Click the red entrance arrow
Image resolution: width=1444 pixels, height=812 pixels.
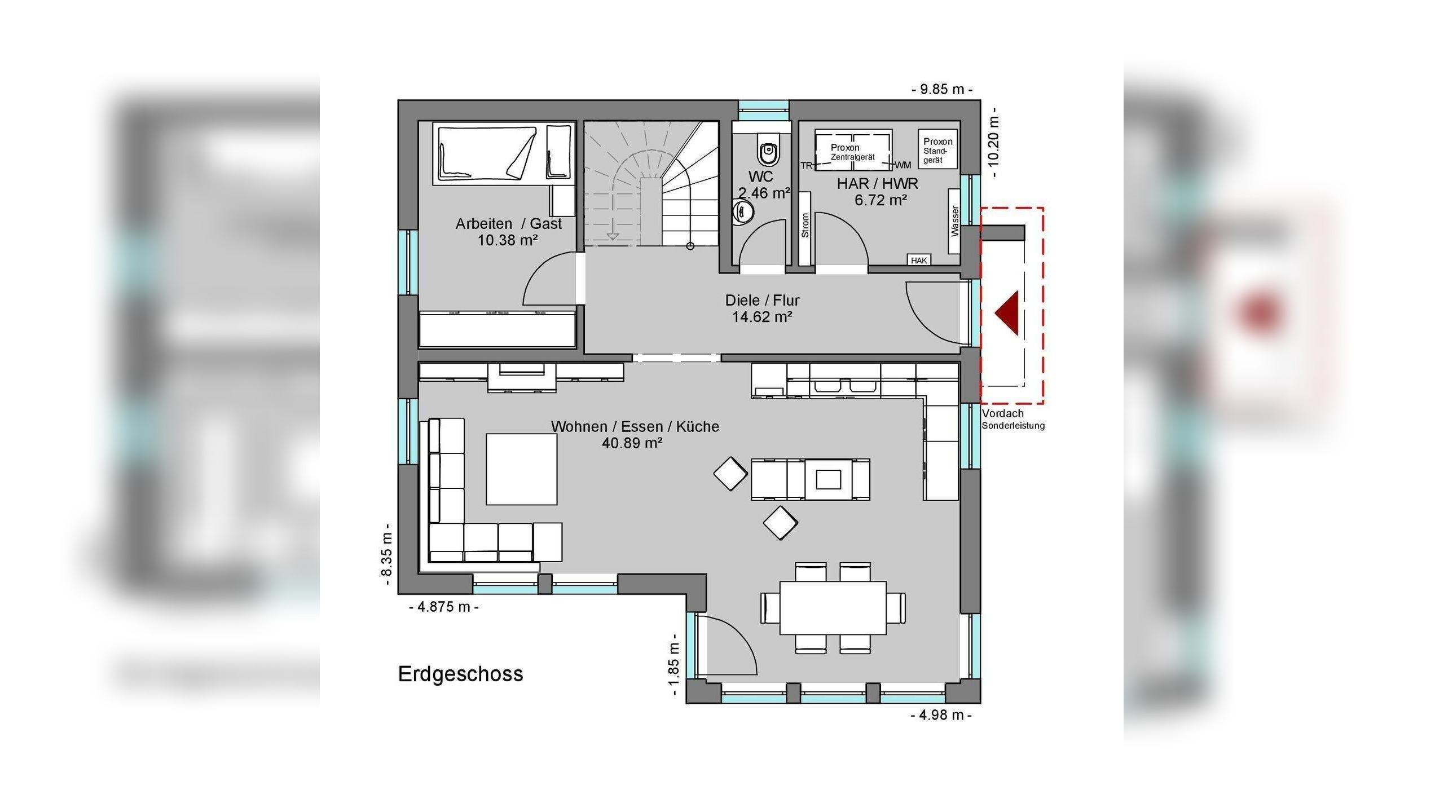(x=1009, y=314)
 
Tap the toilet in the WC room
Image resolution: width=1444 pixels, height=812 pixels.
(x=768, y=148)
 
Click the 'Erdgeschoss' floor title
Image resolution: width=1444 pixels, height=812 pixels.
(x=460, y=674)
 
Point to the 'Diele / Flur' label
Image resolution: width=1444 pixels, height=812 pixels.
(x=762, y=300)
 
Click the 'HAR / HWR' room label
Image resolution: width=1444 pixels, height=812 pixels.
(x=877, y=184)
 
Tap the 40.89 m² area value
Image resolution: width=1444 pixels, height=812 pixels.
(x=632, y=443)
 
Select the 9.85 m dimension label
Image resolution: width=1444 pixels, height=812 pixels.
(x=941, y=89)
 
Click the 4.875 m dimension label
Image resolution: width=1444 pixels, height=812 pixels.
(x=444, y=607)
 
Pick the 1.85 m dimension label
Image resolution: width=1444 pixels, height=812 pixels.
(x=673, y=664)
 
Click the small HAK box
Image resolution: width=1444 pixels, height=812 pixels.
(x=919, y=260)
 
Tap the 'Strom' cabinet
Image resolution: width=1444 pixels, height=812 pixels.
(x=805, y=228)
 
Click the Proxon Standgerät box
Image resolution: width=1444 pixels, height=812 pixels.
(x=937, y=149)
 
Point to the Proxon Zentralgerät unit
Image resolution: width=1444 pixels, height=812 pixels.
(x=853, y=150)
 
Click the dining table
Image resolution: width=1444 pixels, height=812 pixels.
(x=833, y=608)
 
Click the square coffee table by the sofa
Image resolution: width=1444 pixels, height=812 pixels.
(x=522, y=469)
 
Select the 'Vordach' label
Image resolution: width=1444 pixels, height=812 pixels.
(x=1002, y=413)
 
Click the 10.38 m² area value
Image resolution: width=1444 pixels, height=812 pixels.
(x=508, y=240)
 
